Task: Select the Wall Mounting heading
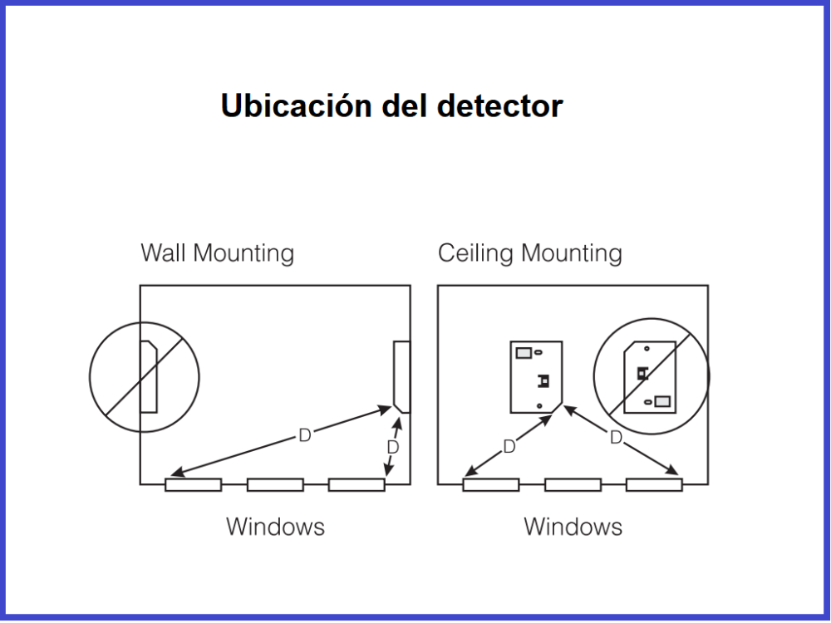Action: click(217, 253)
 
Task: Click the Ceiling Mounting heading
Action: click(529, 253)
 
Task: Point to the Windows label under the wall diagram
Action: click(275, 527)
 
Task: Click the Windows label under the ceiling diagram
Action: click(573, 527)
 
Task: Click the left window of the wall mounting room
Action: click(193, 484)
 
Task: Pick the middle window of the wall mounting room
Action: click(275, 484)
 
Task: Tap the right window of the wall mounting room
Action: click(356, 484)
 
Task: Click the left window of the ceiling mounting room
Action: click(490, 484)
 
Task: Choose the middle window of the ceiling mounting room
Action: click(573, 484)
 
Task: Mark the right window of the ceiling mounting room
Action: click(654, 484)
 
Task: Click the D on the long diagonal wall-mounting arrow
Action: click(304, 435)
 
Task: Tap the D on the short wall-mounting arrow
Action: click(393, 447)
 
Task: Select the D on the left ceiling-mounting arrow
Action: click(509, 447)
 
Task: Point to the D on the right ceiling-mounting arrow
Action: click(616, 438)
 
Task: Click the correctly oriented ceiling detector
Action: click(536, 376)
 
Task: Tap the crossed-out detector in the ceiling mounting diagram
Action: click(650, 376)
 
